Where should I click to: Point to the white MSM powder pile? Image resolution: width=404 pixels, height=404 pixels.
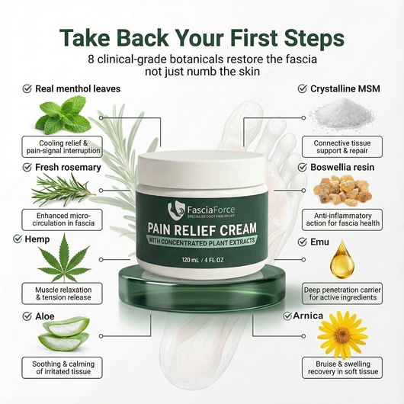coord(339,114)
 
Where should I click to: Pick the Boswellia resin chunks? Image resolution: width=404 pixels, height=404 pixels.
coord(341,188)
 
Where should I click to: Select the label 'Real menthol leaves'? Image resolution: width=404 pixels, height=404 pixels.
coord(77,88)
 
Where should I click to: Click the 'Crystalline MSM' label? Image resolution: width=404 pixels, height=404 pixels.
coord(345,88)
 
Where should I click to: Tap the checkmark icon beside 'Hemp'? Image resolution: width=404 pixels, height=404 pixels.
coord(17,239)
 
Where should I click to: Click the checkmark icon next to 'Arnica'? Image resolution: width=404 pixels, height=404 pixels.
coord(287,315)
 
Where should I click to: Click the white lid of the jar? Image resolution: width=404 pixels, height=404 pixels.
coord(201,171)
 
